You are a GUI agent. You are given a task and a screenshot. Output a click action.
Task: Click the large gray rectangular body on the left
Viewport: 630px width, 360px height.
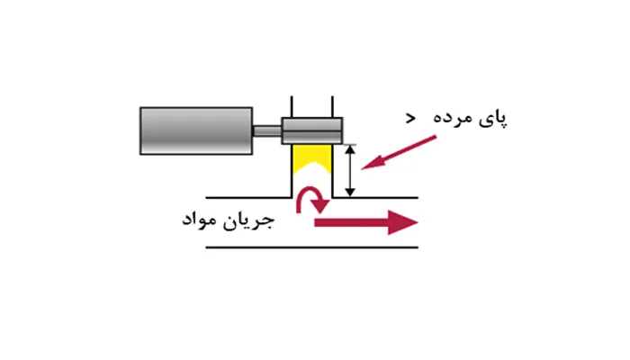pos(196,130)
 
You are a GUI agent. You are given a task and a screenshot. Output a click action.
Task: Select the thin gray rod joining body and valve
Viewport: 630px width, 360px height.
pos(267,131)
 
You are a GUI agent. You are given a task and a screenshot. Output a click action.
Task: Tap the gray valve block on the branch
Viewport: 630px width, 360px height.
pos(311,130)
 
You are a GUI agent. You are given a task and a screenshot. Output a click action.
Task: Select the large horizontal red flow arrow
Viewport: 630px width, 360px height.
pos(366,222)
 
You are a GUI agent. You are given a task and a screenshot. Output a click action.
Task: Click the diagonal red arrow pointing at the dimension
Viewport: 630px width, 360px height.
pos(399,153)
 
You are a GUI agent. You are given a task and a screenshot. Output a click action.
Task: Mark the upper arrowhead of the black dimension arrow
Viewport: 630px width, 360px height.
pos(350,149)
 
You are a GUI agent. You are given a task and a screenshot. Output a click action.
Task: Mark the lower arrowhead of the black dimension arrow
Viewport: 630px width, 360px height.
pos(350,192)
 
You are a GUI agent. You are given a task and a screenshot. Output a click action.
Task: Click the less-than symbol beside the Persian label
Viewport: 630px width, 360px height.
pos(410,118)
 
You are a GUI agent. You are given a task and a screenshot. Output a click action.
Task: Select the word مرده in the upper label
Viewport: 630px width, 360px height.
pos(454,118)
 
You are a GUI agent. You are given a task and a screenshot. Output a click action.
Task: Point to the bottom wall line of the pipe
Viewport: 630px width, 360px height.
pos(311,247)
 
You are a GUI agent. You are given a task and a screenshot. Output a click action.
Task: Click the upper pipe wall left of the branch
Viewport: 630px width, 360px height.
pos(248,198)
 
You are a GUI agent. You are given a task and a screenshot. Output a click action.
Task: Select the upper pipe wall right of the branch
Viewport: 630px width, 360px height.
pos(375,198)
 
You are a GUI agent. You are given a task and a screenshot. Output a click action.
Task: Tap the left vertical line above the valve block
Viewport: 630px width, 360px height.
pos(292,107)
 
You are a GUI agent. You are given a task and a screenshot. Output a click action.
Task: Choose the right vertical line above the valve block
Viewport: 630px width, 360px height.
pos(332,107)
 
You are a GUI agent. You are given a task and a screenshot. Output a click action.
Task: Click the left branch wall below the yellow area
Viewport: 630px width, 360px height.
pos(292,186)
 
